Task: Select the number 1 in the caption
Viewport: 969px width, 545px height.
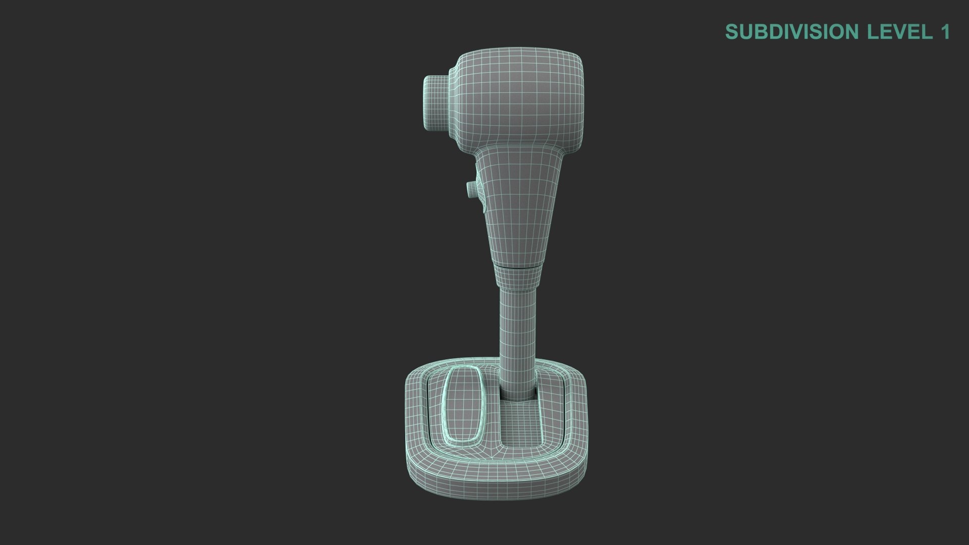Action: coord(945,32)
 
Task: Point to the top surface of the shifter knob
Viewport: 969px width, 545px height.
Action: coord(520,53)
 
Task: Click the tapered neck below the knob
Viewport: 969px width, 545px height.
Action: coord(520,202)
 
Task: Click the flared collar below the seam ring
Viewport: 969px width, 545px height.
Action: coord(519,278)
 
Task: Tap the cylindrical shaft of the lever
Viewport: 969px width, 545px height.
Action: coord(518,333)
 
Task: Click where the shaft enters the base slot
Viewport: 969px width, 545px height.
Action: coord(518,394)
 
